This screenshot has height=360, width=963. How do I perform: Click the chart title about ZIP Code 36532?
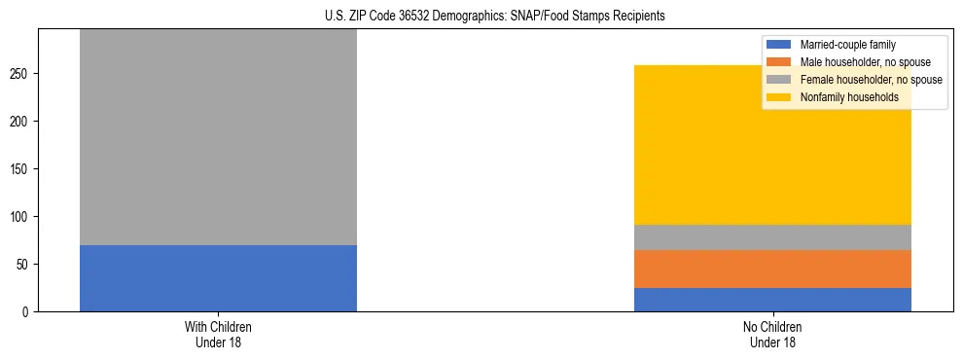481,17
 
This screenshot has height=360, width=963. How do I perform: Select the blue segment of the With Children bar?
218,278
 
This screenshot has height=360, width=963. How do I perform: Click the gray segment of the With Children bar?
218,136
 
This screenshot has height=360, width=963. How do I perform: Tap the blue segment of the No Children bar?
772,300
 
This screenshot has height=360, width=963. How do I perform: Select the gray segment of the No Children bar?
772,237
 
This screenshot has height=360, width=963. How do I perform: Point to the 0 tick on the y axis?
28,312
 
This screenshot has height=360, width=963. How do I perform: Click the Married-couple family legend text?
847,45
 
